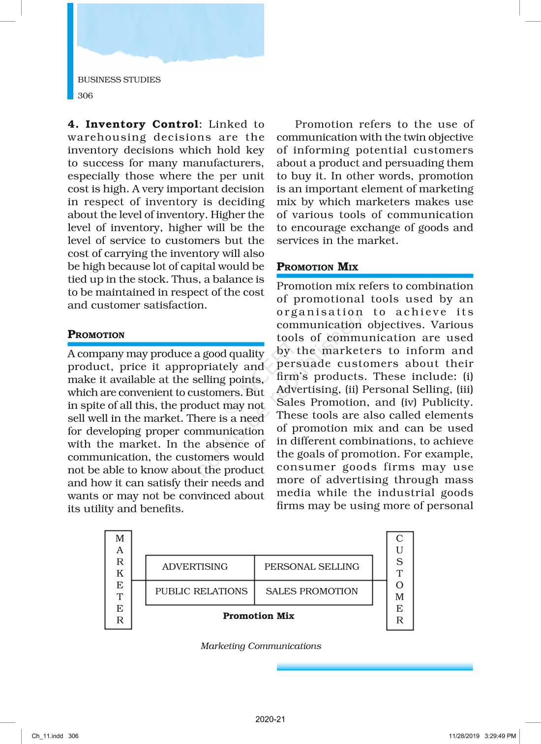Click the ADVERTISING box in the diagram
[x=195, y=567]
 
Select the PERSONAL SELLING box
[x=312, y=567]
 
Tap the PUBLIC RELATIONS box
[x=201, y=591]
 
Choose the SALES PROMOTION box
[x=312, y=591]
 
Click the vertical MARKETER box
[x=119, y=580]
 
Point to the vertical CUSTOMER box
[x=400, y=580]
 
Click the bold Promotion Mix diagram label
[x=258, y=616]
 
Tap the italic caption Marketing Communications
[x=261, y=646]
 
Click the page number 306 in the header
[x=85, y=96]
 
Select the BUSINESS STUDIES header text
[x=119, y=80]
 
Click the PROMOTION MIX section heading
[x=317, y=267]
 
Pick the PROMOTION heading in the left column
[x=96, y=335]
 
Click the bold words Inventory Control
[x=142, y=124]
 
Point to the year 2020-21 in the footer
[x=270, y=719]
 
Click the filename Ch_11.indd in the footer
[x=47, y=736]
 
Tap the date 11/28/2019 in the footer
[x=464, y=736]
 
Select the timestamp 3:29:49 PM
[x=500, y=736]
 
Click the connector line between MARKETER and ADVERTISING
[x=139, y=581]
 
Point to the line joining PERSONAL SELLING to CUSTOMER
[x=380, y=581]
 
